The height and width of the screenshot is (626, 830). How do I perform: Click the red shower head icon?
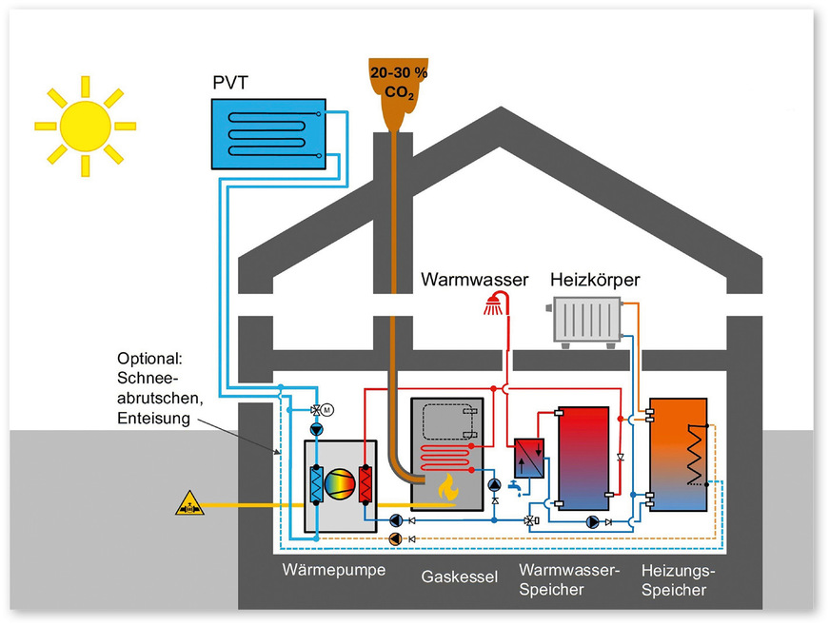[x=494, y=305]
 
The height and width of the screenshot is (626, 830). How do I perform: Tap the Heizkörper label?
[x=595, y=281]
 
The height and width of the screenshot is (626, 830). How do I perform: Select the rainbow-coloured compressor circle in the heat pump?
[x=340, y=483]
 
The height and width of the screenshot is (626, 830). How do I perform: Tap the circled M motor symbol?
[x=326, y=410]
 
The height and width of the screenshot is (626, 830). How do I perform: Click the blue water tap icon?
[x=515, y=488]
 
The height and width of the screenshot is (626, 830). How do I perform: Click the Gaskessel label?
[x=460, y=577]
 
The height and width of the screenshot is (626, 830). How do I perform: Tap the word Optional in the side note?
[x=148, y=359]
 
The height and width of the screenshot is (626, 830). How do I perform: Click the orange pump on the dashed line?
[x=395, y=538]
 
